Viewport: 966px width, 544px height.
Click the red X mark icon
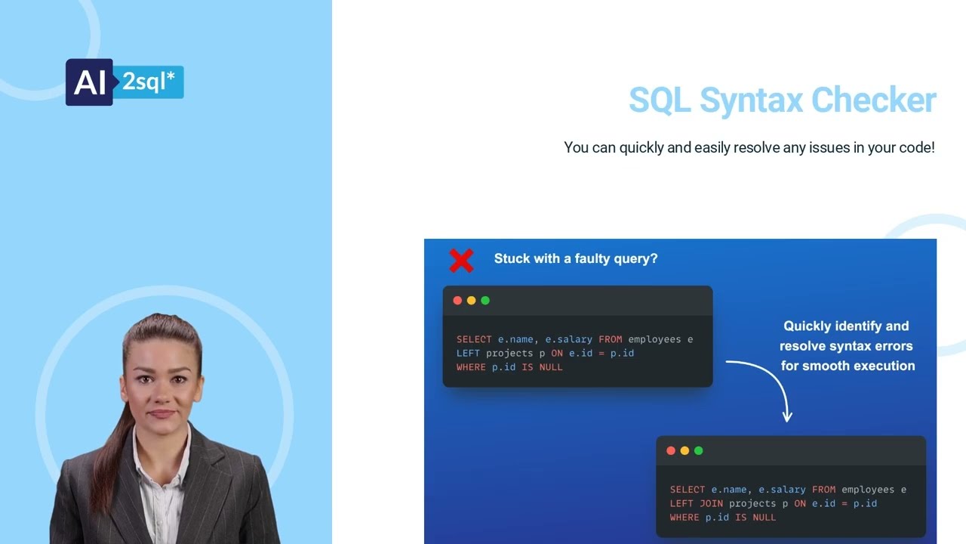(461, 261)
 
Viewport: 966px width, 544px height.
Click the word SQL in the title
(659, 100)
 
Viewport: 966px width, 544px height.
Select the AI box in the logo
(90, 82)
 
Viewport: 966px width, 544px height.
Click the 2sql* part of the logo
(149, 82)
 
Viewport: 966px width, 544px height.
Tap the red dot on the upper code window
(457, 301)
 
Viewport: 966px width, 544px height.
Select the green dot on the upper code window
(485, 301)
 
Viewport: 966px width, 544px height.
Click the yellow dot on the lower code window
(685, 451)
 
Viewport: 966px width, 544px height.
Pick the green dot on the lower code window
(699, 451)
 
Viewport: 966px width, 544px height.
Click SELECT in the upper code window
(474, 339)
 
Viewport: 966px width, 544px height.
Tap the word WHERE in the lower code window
(685, 518)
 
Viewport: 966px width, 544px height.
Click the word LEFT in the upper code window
(468, 353)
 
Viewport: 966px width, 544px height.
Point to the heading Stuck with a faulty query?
(575, 258)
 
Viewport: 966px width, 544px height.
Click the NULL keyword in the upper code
(551, 367)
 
